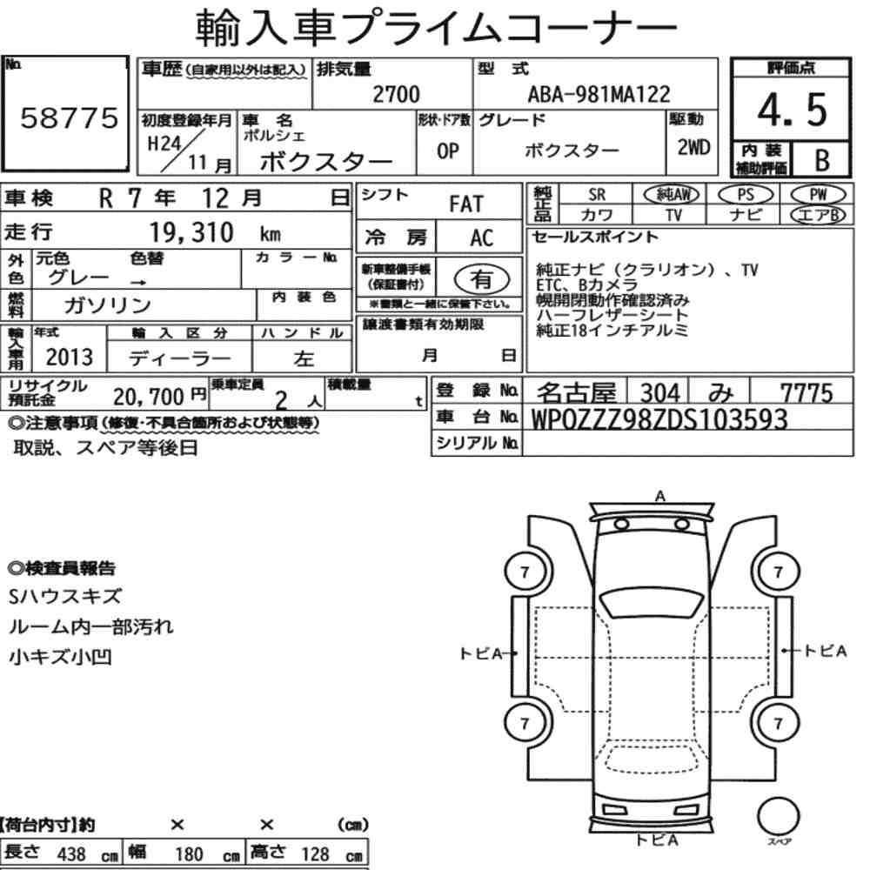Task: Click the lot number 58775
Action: coord(70,117)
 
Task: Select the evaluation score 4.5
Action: coord(792,110)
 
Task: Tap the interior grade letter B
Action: coord(822,160)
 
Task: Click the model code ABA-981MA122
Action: coord(599,94)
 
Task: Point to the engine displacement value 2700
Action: coord(396,94)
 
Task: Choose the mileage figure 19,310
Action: coord(191,232)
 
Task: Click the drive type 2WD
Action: coord(693,147)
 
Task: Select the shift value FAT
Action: coord(466,204)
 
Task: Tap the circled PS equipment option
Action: coord(746,195)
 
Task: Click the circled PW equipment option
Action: coord(818,195)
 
